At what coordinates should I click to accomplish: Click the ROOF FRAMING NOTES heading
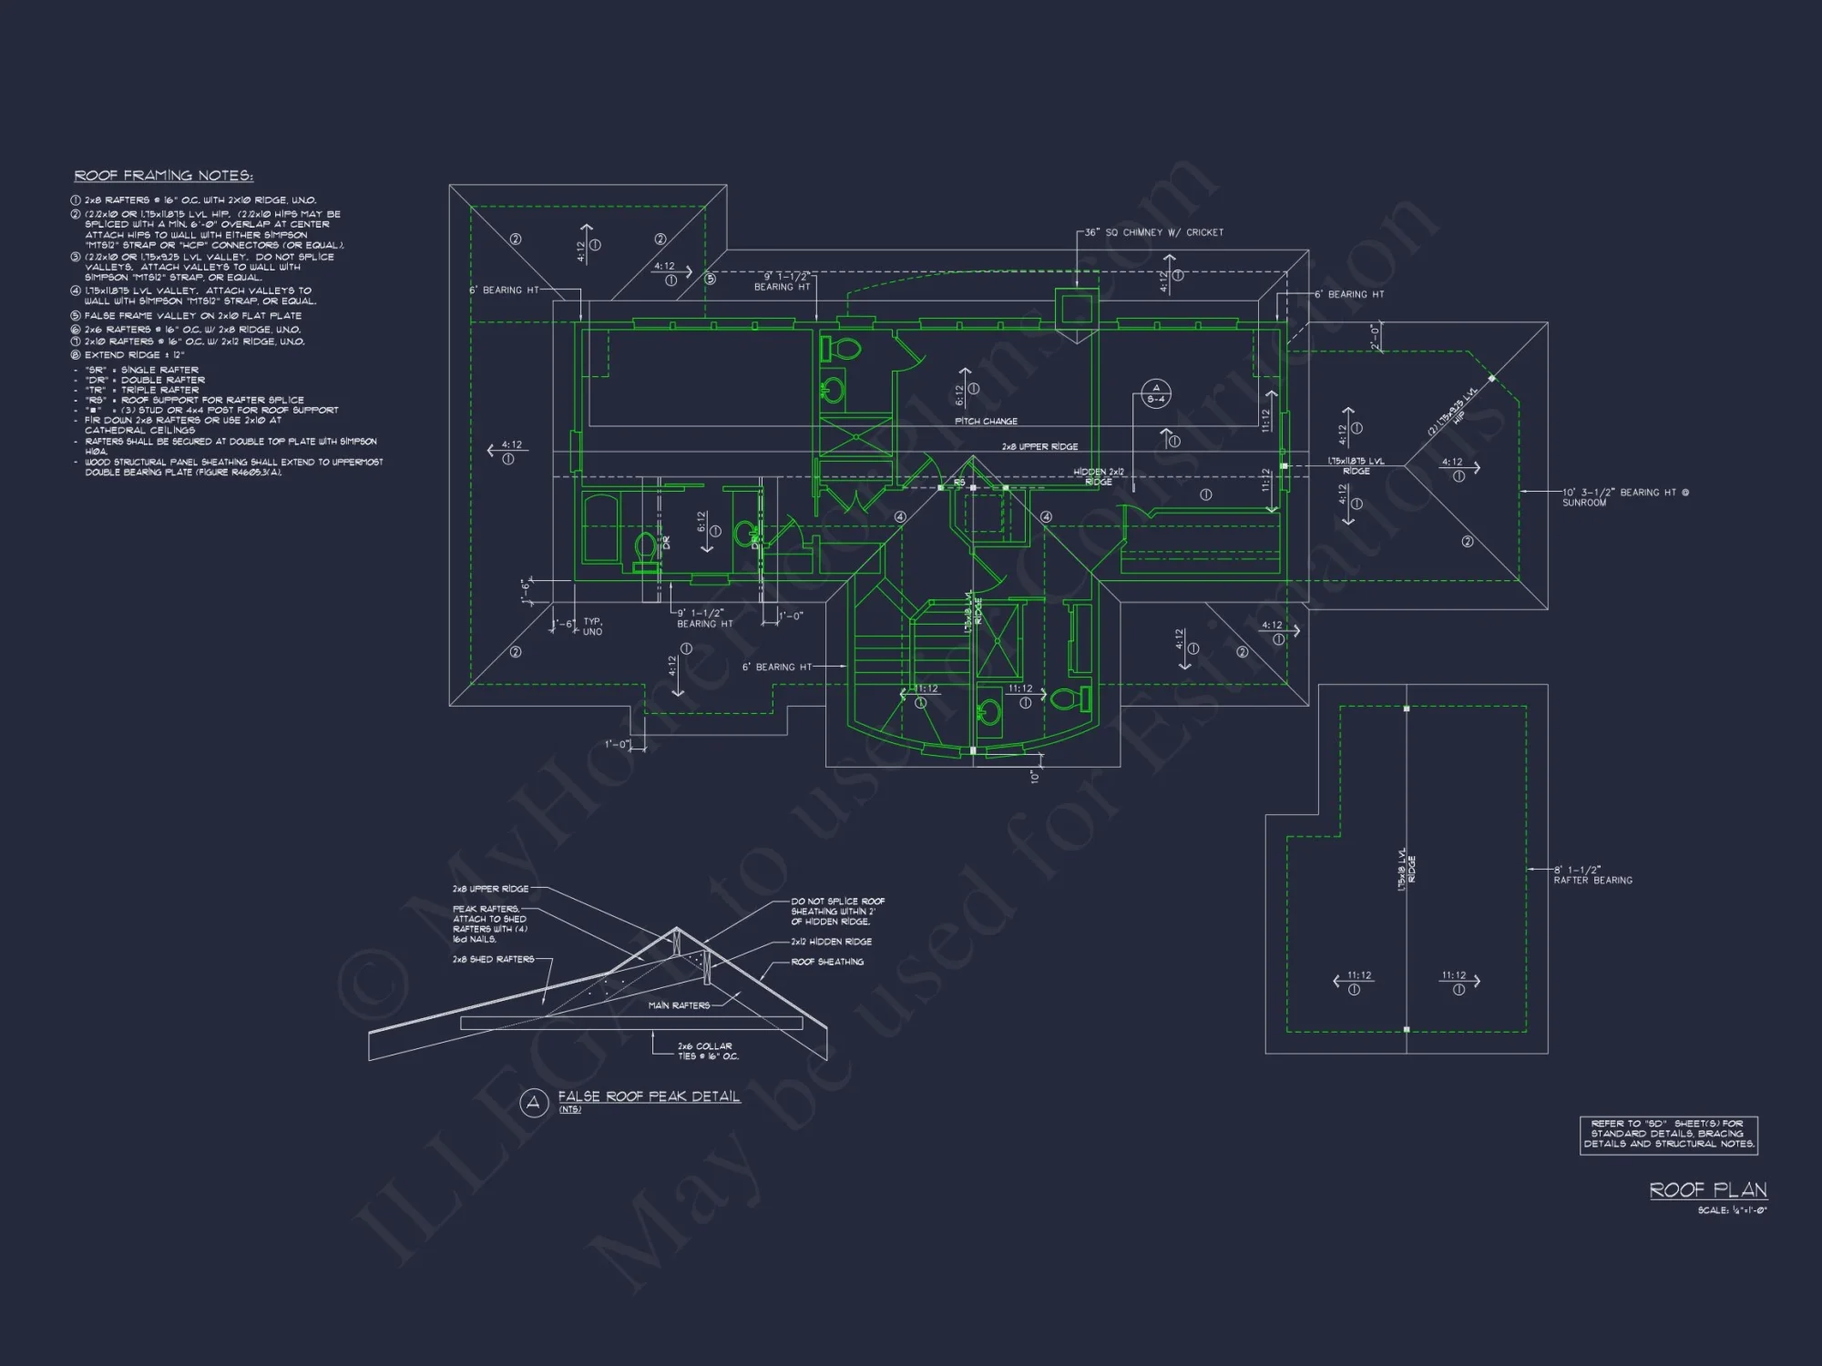[x=164, y=176]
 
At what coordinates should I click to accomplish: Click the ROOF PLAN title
[x=1708, y=1190]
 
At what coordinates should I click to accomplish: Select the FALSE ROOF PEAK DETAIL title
[x=649, y=1096]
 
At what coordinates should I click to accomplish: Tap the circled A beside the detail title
[x=533, y=1103]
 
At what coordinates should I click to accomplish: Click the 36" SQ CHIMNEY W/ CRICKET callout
[x=1153, y=232]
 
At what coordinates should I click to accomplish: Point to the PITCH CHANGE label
[x=986, y=422]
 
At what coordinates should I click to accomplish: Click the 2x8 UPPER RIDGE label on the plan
[x=1039, y=447]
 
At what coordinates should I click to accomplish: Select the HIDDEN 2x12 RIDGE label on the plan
[x=1099, y=476]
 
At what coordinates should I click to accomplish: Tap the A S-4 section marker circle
[x=1156, y=394]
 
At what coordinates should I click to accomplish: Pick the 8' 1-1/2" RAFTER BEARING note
[x=1592, y=875]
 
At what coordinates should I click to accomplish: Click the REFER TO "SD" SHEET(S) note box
[x=1668, y=1135]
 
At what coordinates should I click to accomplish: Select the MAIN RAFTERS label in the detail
[x=679, y=1005]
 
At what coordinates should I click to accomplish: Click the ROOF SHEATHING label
[x=827, y=962]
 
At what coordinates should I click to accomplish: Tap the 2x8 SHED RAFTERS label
[x=493, y=959]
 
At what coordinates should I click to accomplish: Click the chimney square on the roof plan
[x=1076, y=308]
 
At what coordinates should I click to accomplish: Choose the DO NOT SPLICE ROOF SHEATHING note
[x=837, y=911]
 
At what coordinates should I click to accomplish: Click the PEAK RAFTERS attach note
[x=489, y=923]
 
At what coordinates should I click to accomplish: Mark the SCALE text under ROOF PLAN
[x=1732, y=1210]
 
